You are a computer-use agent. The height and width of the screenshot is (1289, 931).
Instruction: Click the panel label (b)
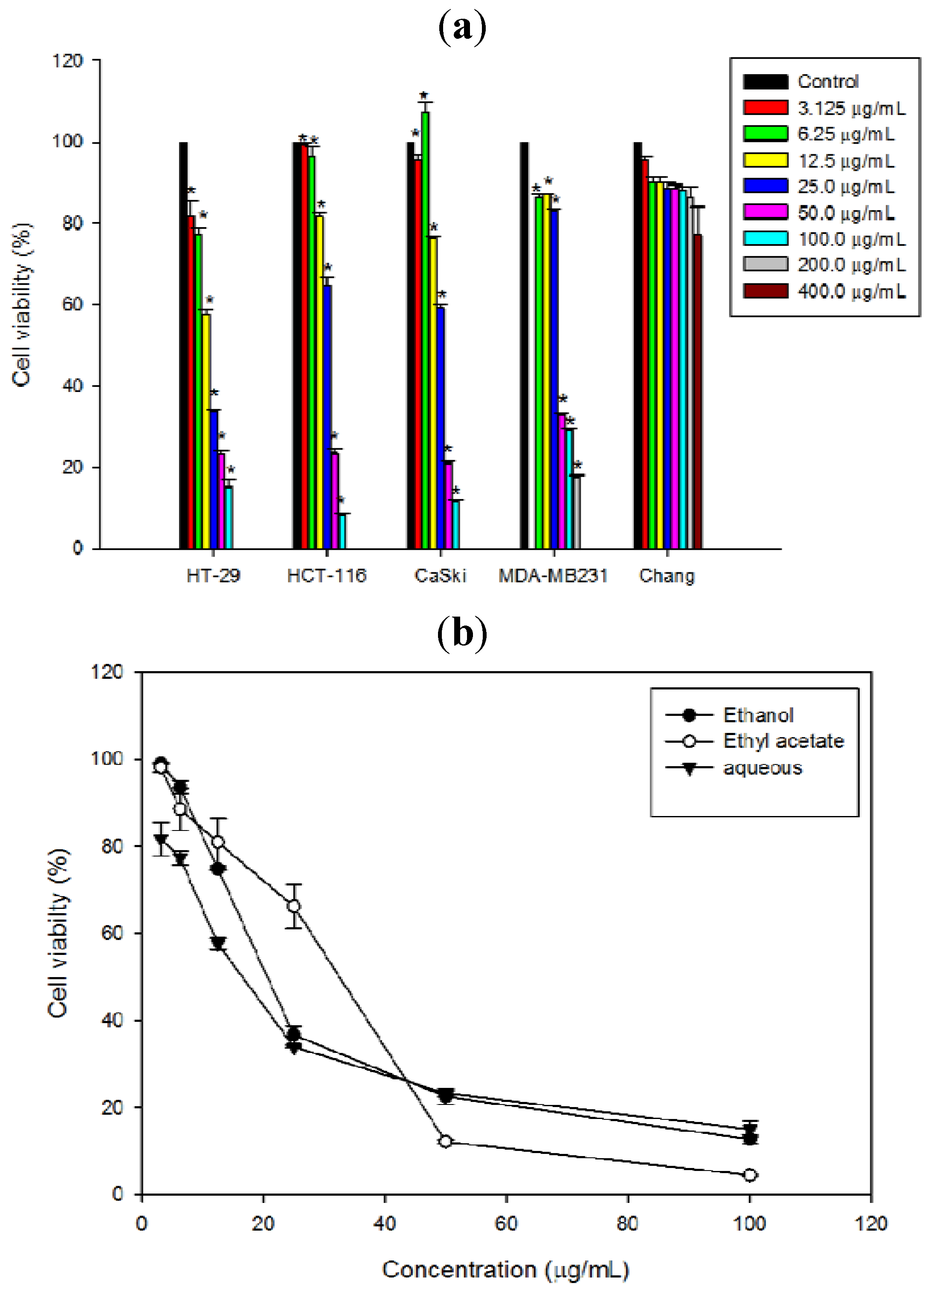tap(462, 634)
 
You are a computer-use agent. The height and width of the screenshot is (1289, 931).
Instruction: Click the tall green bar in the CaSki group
tap(425, 330)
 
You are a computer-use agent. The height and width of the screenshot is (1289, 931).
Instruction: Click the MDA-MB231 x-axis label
tap(553, 576)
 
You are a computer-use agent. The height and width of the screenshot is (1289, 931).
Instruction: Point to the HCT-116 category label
tap(326, 576)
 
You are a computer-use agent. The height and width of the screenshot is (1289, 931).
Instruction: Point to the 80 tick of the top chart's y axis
tap(73, 223)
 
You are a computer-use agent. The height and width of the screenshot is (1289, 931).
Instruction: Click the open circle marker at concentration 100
tap(750, 1175)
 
